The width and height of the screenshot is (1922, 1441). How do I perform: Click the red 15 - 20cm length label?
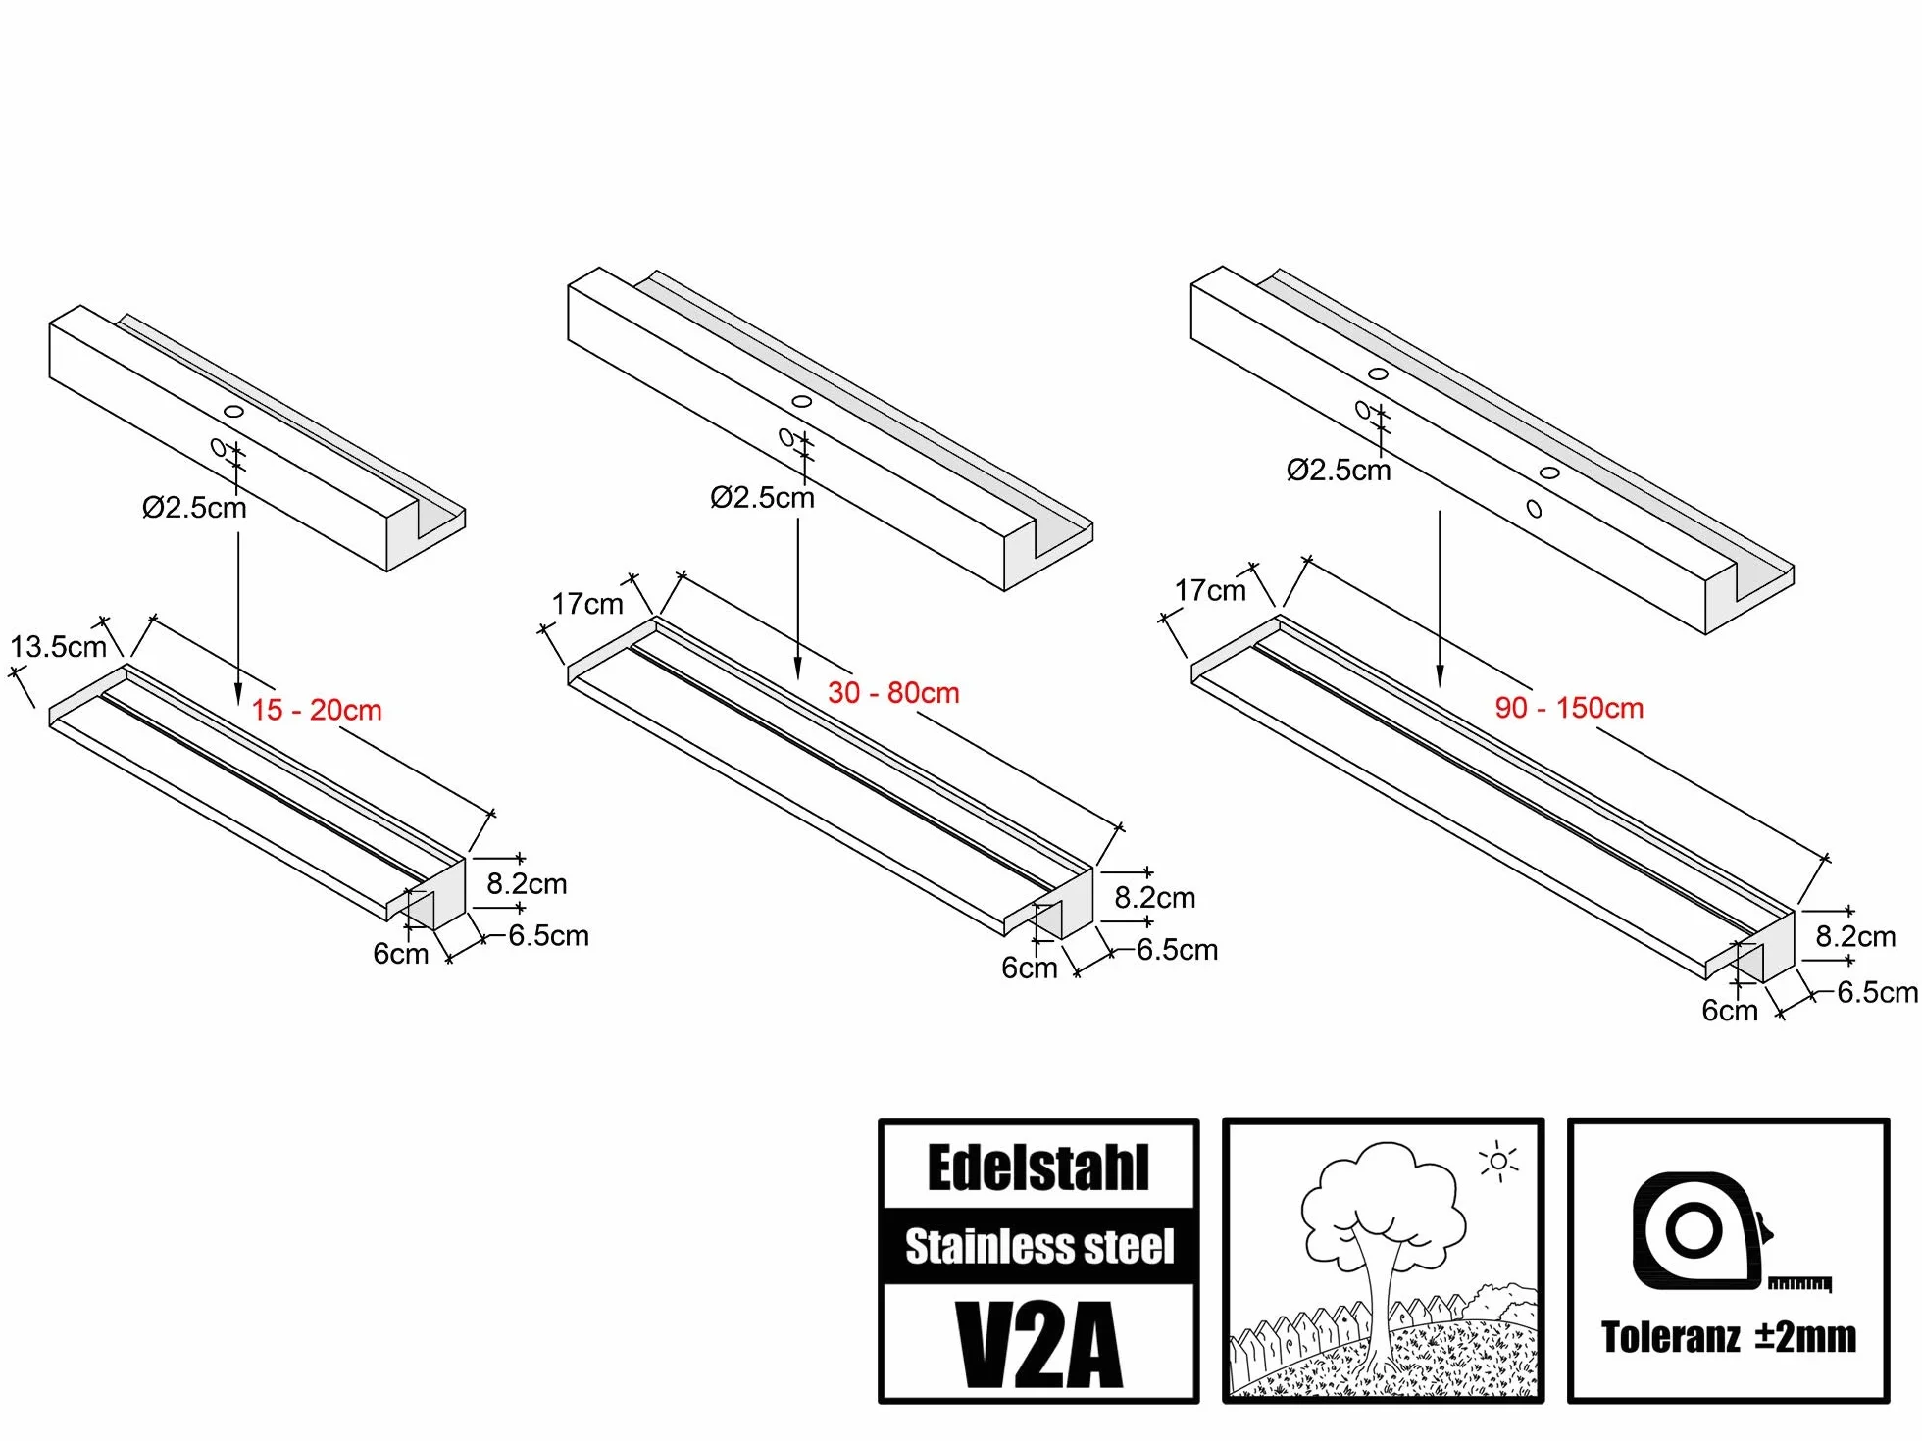point(317,710)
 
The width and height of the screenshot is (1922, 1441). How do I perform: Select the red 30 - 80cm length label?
point(893,693)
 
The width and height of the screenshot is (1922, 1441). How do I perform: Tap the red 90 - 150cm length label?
point(1569,708)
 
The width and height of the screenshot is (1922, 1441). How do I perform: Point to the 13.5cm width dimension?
point(59,647)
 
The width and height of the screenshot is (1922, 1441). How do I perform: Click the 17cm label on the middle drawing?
point(587,604)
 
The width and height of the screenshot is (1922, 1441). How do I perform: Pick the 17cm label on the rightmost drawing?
point(1211,591)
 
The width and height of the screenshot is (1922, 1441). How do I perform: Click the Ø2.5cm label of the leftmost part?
point(194,508)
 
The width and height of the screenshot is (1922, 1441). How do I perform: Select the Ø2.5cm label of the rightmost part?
point(1339,471)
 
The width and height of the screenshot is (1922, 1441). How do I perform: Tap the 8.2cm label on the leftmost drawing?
point(527,884)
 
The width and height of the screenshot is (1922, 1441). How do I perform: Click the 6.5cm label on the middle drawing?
point(1178,950)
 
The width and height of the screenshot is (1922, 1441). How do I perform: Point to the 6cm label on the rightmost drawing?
point(1730,1011)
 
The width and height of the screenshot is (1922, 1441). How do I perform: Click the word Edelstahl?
point(1038,1168)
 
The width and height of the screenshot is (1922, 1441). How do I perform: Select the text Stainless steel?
point(1039,1247)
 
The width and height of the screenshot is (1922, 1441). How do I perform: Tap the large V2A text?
point(1039,1345)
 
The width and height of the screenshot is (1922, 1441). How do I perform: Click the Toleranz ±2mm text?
point(1729,1337)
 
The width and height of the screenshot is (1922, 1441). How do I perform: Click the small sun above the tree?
point(1499,1162)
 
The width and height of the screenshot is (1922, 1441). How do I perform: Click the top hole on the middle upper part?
point(802,401)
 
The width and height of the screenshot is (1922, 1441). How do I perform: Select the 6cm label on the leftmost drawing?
point(401,954)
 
